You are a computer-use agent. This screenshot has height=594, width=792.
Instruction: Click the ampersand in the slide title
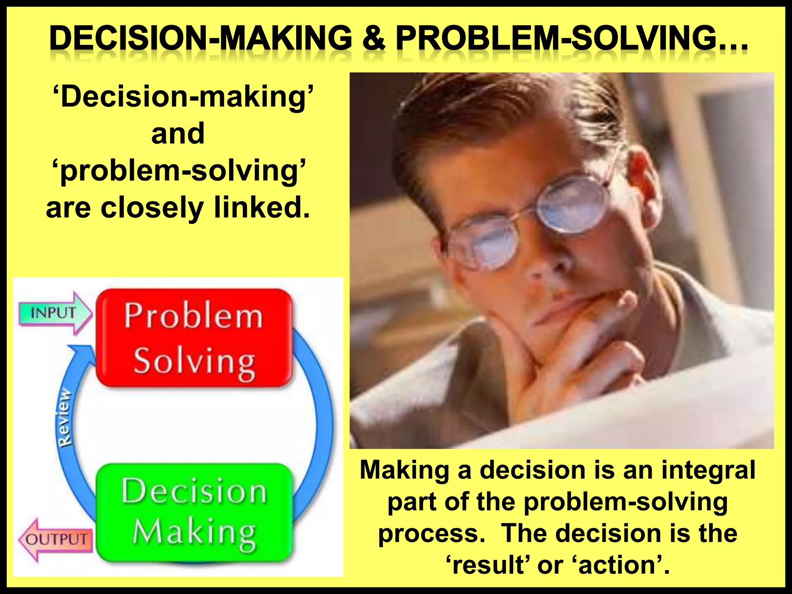[374, 39]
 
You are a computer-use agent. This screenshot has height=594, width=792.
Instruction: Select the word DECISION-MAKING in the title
[201, 39]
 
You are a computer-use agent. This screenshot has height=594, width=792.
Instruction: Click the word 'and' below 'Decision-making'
[178, 133]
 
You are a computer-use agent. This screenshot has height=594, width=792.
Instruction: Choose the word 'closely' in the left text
[152, 208]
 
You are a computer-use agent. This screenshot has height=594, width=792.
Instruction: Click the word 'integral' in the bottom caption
[708, 470]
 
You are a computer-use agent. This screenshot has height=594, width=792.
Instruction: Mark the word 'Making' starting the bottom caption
[405, 470]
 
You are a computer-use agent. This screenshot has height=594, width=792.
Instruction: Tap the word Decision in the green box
[194, 491]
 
